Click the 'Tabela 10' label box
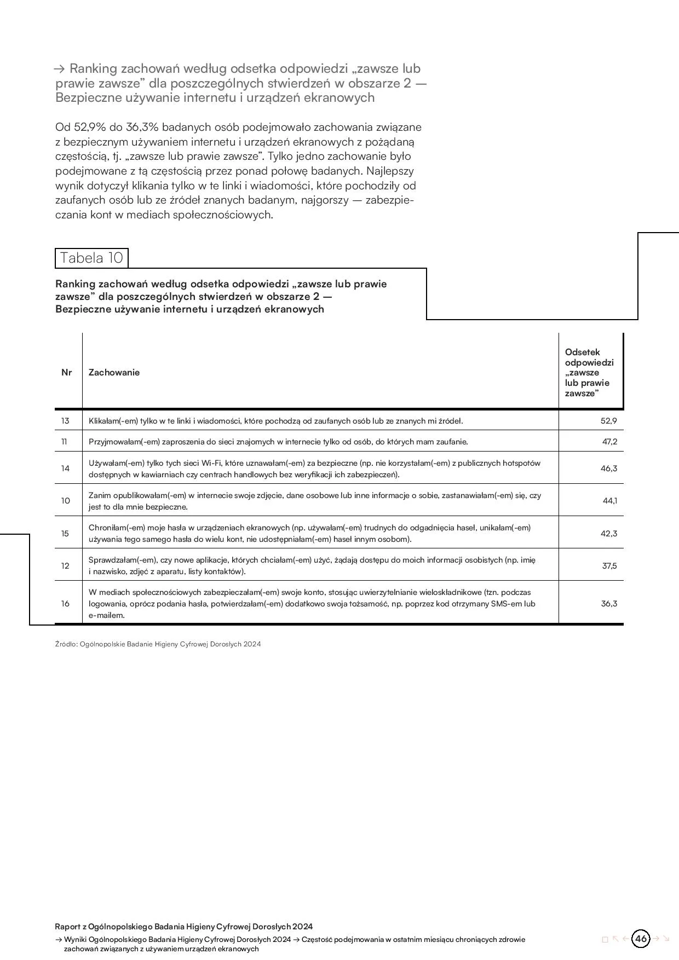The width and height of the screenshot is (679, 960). pyautogui.click(x=91, y=258)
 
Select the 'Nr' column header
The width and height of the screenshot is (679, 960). pyautogui.click(x=67, y=372)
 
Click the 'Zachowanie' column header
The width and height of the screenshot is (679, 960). pyautogui.click(x=114, y=372)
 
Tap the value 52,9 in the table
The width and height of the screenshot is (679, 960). pyautogui.click(x=608, y=421)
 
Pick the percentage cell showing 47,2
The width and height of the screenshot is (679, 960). pyautogui.click(x=609, y=441)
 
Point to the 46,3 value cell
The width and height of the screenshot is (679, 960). pyautogui.click(x=608, y=468)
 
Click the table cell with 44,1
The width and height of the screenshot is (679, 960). pyautogui.click(x=609, y=500)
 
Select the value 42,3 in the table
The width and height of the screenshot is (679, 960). pyautogui.click(x=608, y=533)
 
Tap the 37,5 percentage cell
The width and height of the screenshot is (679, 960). pyautogui.click(x=609, y=565)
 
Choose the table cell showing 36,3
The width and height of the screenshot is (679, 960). pyautogui.click(x=608, y=603)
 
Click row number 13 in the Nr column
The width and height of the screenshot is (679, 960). pyautogui.click(x=66, y=421)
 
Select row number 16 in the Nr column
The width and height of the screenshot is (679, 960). pyautogui.click(x=66, y=603)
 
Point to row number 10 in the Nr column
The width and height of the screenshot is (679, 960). pyautogui.click(x=66, y=500)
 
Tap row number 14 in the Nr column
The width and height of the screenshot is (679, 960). pyautogui.click(x=66, y=468)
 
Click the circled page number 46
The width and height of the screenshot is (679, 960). pyautogui.click(x=641, y=939)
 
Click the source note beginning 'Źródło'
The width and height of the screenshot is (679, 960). pyautogui.click(x=158, y=644)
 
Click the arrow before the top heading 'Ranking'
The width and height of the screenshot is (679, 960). pyautogui.click(x=60, y=69)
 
